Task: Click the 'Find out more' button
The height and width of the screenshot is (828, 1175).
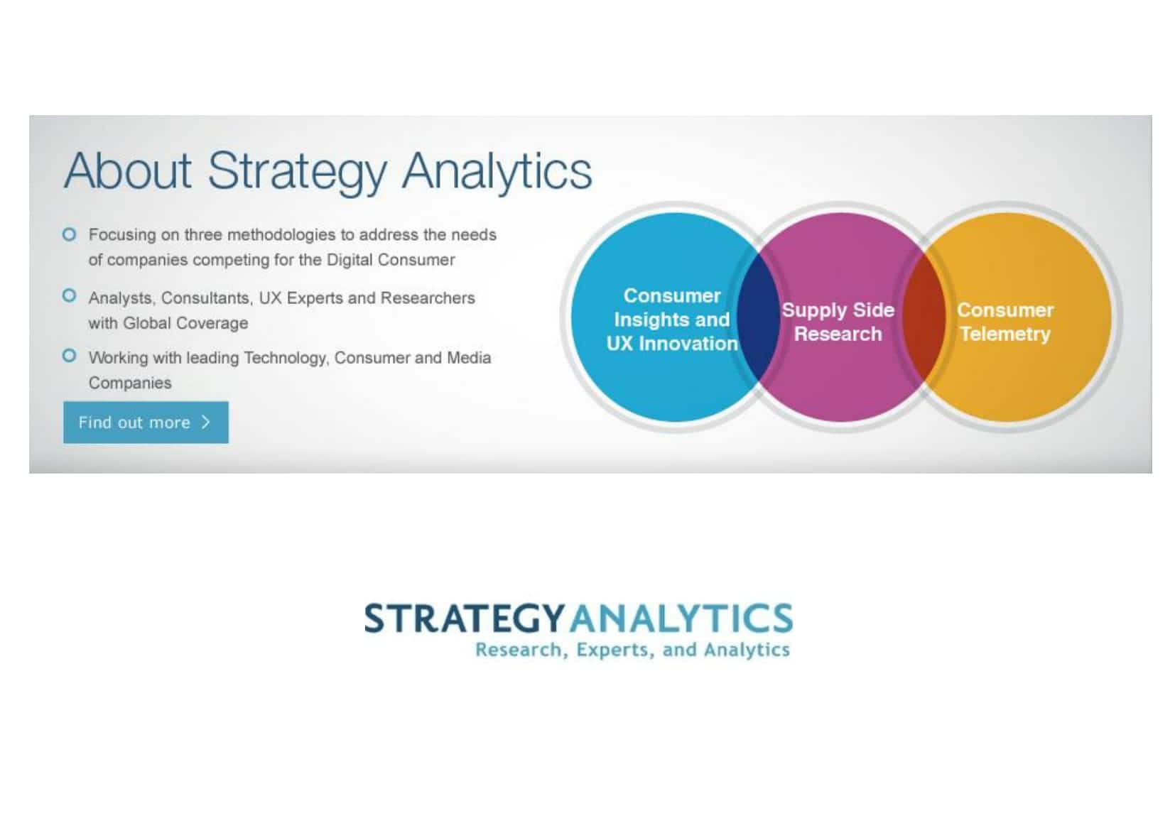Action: pos(146,423)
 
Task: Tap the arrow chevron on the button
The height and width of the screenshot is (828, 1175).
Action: pos(206,422)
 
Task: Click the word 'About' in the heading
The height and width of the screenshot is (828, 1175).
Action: pos(127,170)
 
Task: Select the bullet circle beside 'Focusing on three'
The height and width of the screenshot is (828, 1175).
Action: pos(69,234)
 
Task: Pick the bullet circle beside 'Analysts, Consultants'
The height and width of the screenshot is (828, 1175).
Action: pos(69,295)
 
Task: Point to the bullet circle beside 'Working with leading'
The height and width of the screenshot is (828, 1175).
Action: pos(69,356)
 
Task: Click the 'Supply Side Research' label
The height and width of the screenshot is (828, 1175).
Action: pos(838,322)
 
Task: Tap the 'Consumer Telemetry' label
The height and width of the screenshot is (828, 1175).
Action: pos(1005,322)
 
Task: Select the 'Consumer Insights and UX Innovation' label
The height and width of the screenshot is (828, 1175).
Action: pos(672,320)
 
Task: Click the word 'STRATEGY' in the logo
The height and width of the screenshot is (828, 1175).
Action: pos(465,619)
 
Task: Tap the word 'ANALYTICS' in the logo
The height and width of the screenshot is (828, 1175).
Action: pos(681,619)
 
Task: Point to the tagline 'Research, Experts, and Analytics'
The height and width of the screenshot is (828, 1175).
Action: pos(632,650)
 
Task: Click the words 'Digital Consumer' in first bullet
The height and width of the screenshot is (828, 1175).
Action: pos(390,260)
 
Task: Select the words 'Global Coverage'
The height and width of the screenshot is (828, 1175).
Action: pos(185,323)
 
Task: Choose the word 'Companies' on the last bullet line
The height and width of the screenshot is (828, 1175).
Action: pos(130,383)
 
